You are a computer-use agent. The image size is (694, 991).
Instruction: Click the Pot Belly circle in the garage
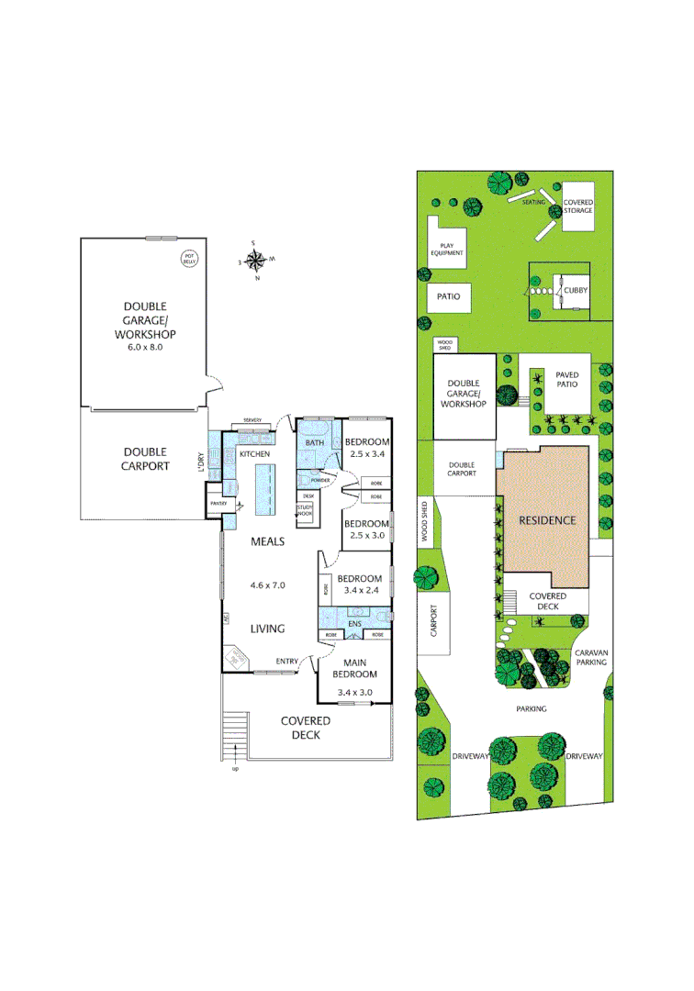(x=190, y=259)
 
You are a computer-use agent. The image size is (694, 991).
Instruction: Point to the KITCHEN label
(x=253, y=454)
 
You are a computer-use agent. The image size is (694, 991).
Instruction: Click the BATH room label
(x=315, y=443)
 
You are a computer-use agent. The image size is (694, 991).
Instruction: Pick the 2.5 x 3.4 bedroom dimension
(x=367, y=453)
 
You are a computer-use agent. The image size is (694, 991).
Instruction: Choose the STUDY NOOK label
(x=305, y=512)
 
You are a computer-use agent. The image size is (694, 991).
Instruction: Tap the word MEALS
(x=269, y=542)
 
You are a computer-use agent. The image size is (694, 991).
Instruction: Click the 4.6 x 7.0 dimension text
(x=269, y=584)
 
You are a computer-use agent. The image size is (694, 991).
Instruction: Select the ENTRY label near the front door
(x=287, y=661)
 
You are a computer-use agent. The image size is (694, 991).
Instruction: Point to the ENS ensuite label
(x=354, y=622)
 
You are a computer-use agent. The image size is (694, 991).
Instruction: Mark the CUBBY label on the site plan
(x=576, y=291)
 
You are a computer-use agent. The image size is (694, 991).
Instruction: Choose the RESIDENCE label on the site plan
(x=547, y=520)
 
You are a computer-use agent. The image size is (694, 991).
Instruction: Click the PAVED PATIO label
(x=567, y=379)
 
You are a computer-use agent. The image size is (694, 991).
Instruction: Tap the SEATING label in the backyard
(x=534, y=201)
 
